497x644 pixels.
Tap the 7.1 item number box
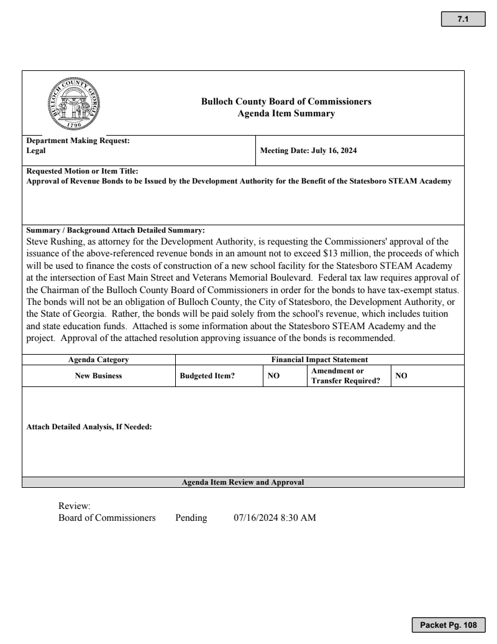point(462,20)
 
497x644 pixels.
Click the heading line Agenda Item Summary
point(286,113)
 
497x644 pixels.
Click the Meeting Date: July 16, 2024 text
point(308,151)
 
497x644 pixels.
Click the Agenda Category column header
point(98,360)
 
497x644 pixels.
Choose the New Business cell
point(98,376)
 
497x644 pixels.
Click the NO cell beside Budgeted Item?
point(273,376)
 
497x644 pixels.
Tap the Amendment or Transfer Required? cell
point(345,376)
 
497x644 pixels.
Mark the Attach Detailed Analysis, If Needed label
point(89,427)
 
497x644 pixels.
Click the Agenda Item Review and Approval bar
point(243,482)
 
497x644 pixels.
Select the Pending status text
point(191,518)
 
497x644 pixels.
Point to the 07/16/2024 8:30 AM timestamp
point(275,518)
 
